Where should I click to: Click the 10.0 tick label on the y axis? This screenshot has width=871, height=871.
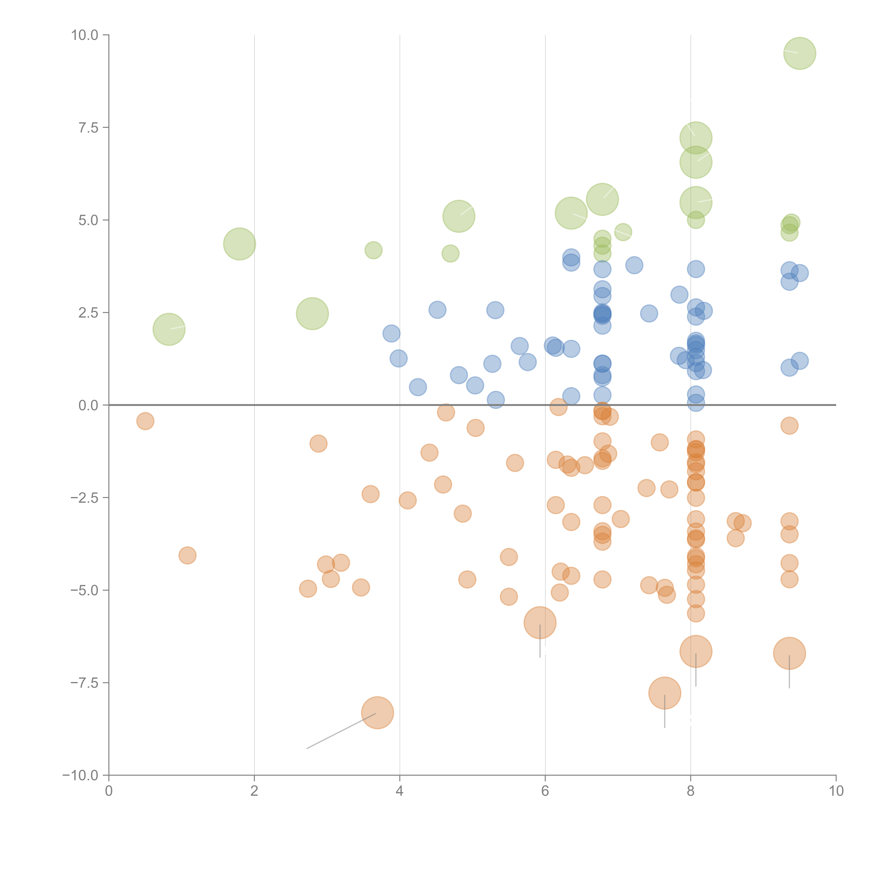tap(85, 35)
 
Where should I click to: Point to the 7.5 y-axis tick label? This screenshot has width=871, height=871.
tap(88, 128)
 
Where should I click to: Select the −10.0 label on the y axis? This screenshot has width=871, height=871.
tap(81, 775)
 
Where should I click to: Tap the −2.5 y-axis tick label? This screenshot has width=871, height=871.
tap(85, 498)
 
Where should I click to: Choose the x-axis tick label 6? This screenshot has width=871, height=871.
tap(545, 791)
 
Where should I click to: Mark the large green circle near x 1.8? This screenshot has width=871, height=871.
tap(239, 244)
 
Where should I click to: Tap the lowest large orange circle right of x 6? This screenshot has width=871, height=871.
tap(665, 693)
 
